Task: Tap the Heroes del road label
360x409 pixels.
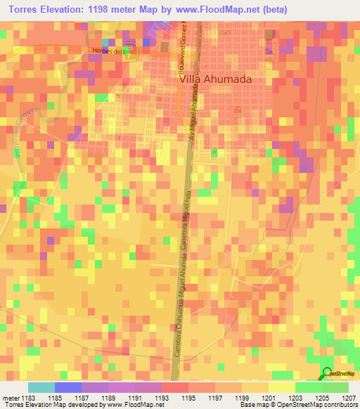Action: coord(107,51)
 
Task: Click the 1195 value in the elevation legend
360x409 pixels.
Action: coord(188,398)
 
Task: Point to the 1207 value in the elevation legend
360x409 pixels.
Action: coord(349,398)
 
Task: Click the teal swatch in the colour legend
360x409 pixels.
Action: coord(41,387)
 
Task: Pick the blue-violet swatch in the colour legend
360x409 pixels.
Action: coord(67,387)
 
